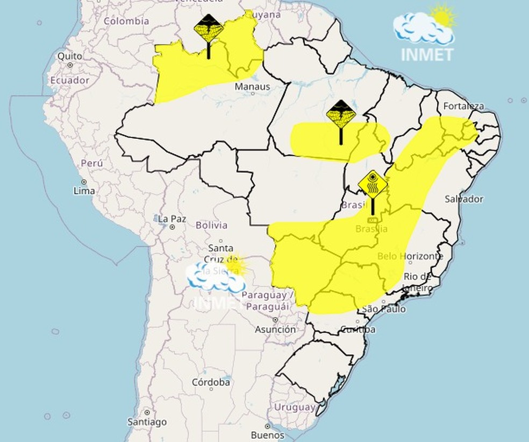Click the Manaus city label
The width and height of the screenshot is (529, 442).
252,86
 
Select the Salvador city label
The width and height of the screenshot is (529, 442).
463,199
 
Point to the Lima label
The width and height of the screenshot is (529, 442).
84,191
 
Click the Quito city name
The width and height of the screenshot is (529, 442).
70,56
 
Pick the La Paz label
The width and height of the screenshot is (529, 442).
172,219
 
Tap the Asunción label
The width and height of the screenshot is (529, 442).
275,329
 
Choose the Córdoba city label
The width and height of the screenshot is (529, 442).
211,382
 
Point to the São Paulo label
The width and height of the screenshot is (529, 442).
383,309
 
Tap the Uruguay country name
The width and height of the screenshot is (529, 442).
294,408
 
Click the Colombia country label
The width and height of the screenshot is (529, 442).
126,22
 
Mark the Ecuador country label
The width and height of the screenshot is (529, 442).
70,80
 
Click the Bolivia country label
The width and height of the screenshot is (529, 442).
211,225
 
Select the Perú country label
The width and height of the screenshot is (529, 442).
91,163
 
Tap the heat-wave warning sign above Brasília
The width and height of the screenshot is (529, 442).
373,186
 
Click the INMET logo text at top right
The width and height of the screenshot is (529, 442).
427,54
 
